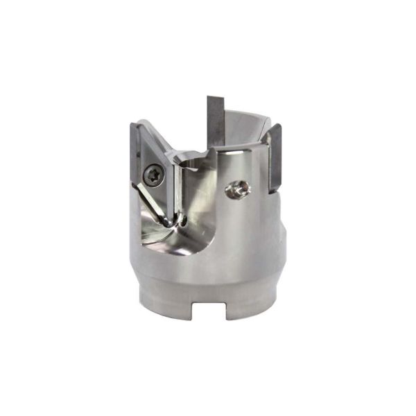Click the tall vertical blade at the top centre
[216, 121]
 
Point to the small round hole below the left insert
[183, 220]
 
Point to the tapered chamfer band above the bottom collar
[208, 277]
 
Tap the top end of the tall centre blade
[216, 97]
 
